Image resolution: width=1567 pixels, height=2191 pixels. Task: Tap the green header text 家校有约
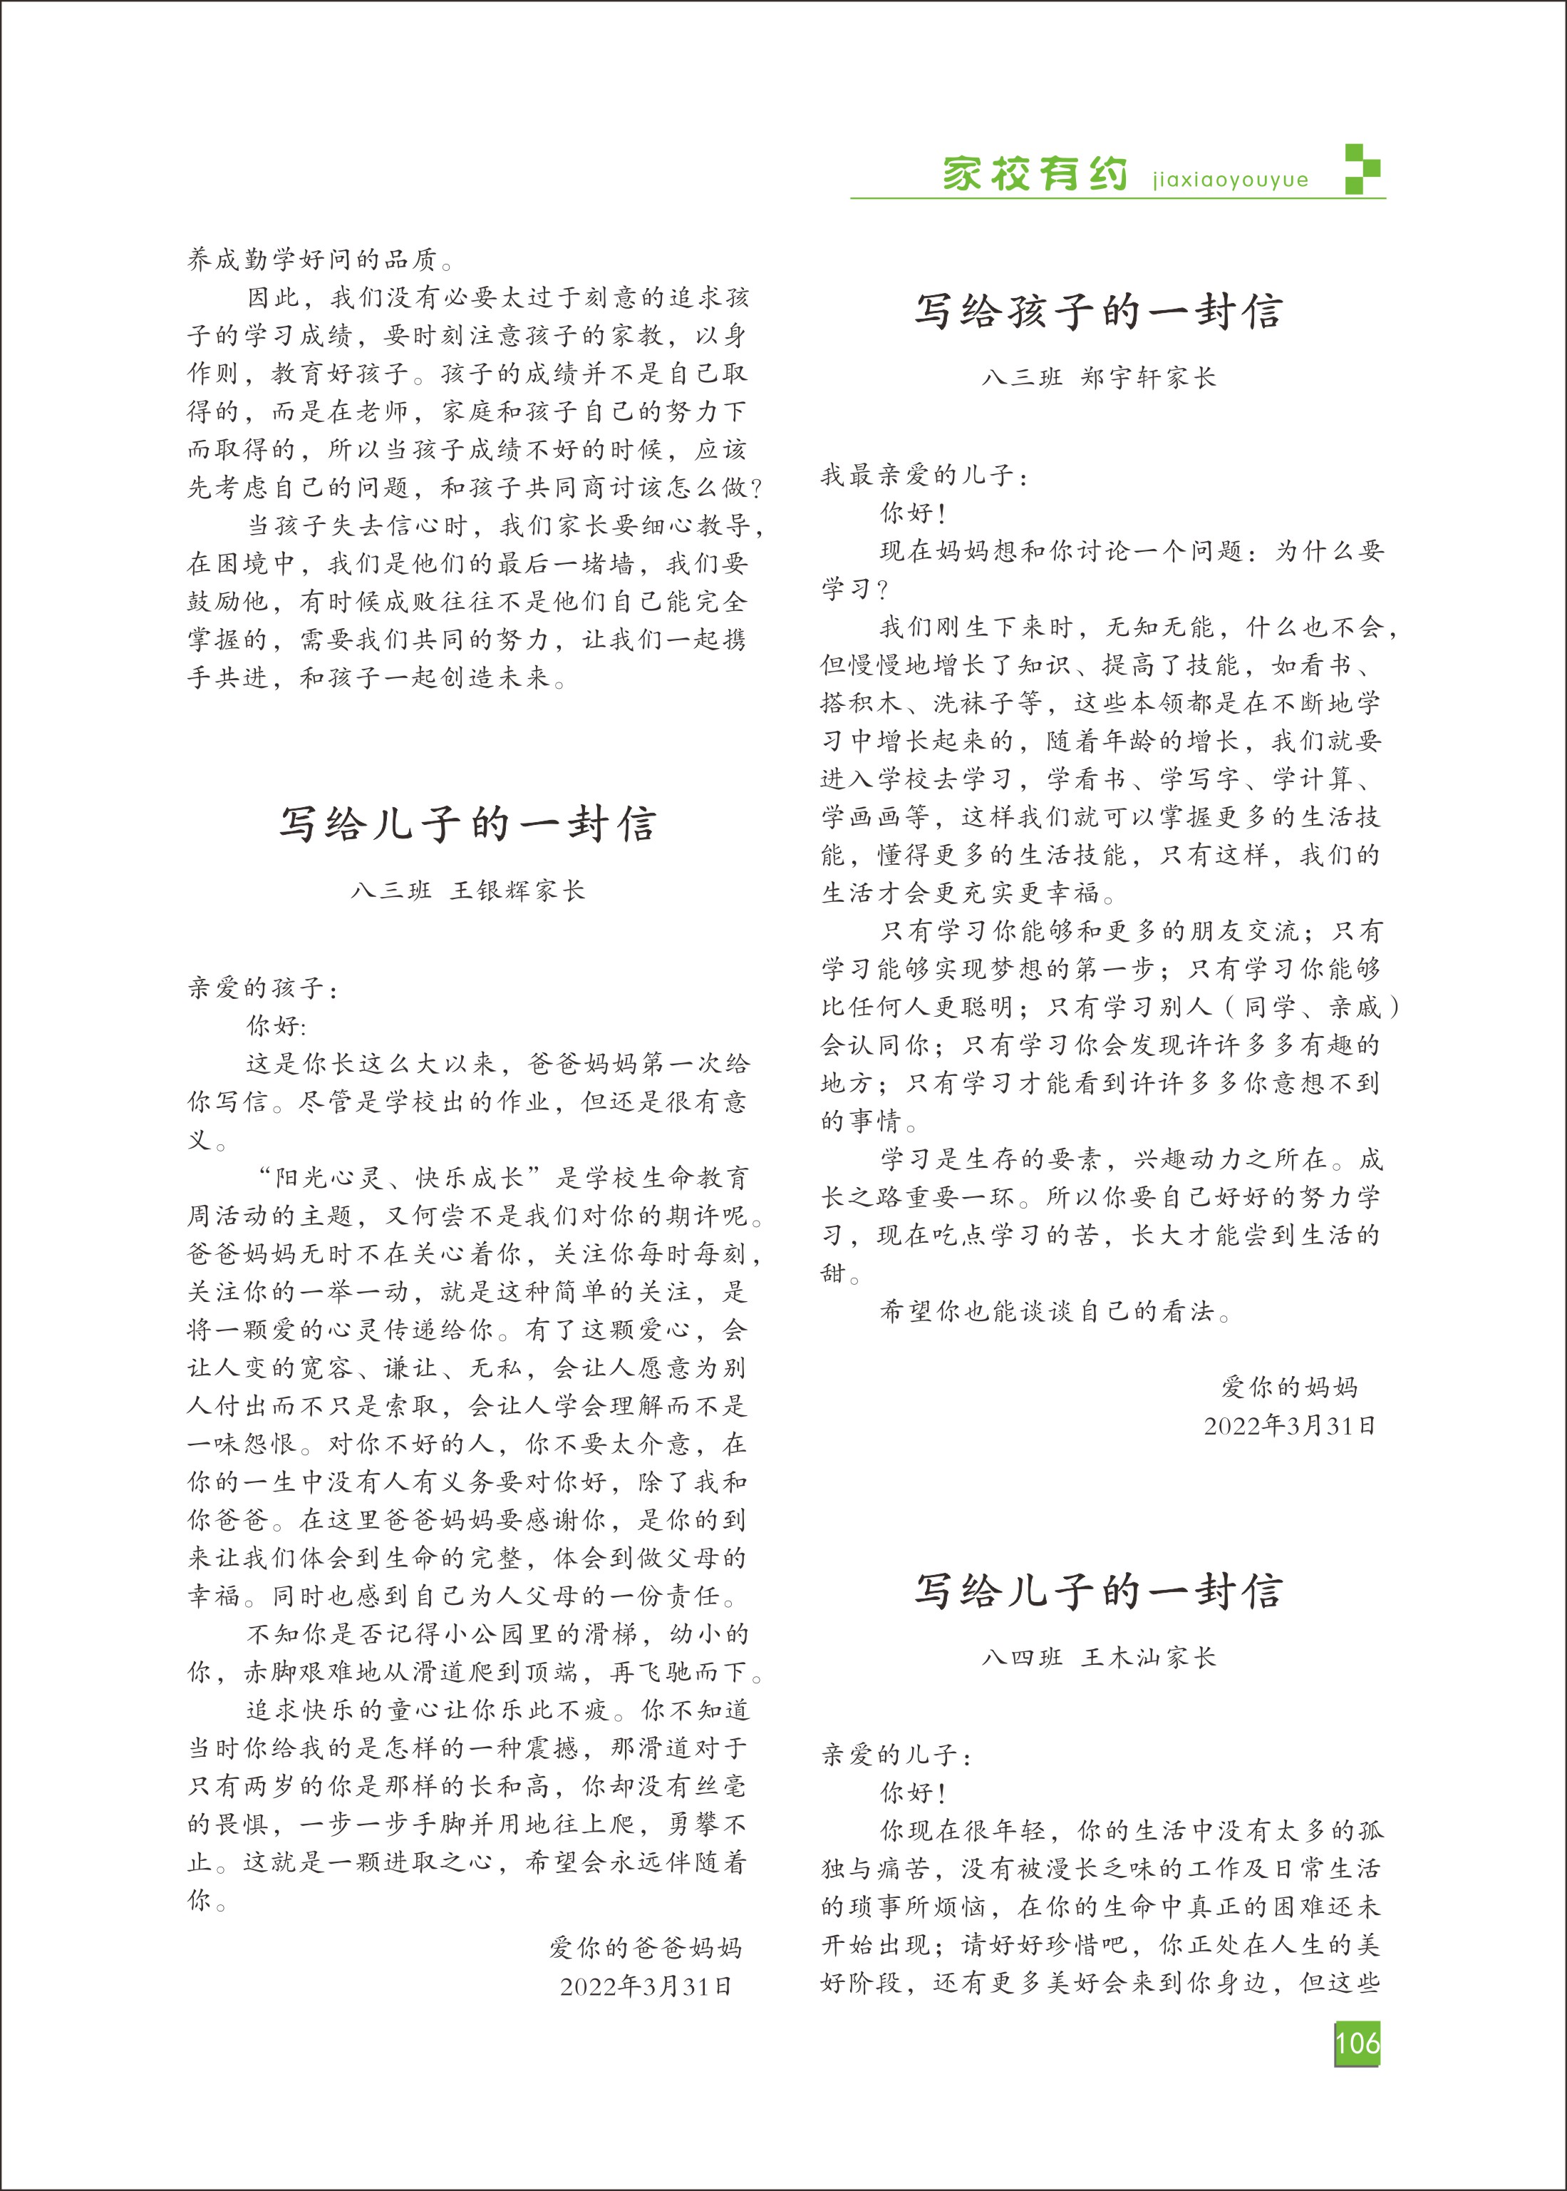point(1035,175)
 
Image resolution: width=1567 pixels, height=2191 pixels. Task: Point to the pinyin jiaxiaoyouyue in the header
point(1230,180)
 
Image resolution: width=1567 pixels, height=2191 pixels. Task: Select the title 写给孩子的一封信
point(1098,312)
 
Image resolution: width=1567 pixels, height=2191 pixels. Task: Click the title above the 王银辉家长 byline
point(468,824)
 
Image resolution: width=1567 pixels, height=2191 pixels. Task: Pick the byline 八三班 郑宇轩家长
point(1098,377)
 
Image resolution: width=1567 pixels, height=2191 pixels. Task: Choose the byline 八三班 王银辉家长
point(468,890)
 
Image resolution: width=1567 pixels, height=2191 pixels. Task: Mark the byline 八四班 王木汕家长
point(1098,1657)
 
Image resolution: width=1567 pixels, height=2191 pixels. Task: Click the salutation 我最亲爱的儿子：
point(924,475)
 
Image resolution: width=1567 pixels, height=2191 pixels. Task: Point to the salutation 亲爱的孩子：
point(262,987)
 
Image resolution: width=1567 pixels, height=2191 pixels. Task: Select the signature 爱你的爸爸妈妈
point(646,1947)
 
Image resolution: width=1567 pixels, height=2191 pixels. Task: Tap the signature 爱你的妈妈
point(1289,1387)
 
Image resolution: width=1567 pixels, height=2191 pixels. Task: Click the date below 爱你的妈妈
point(1289,1425)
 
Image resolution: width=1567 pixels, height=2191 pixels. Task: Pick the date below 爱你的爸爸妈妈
point(646,1986)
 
